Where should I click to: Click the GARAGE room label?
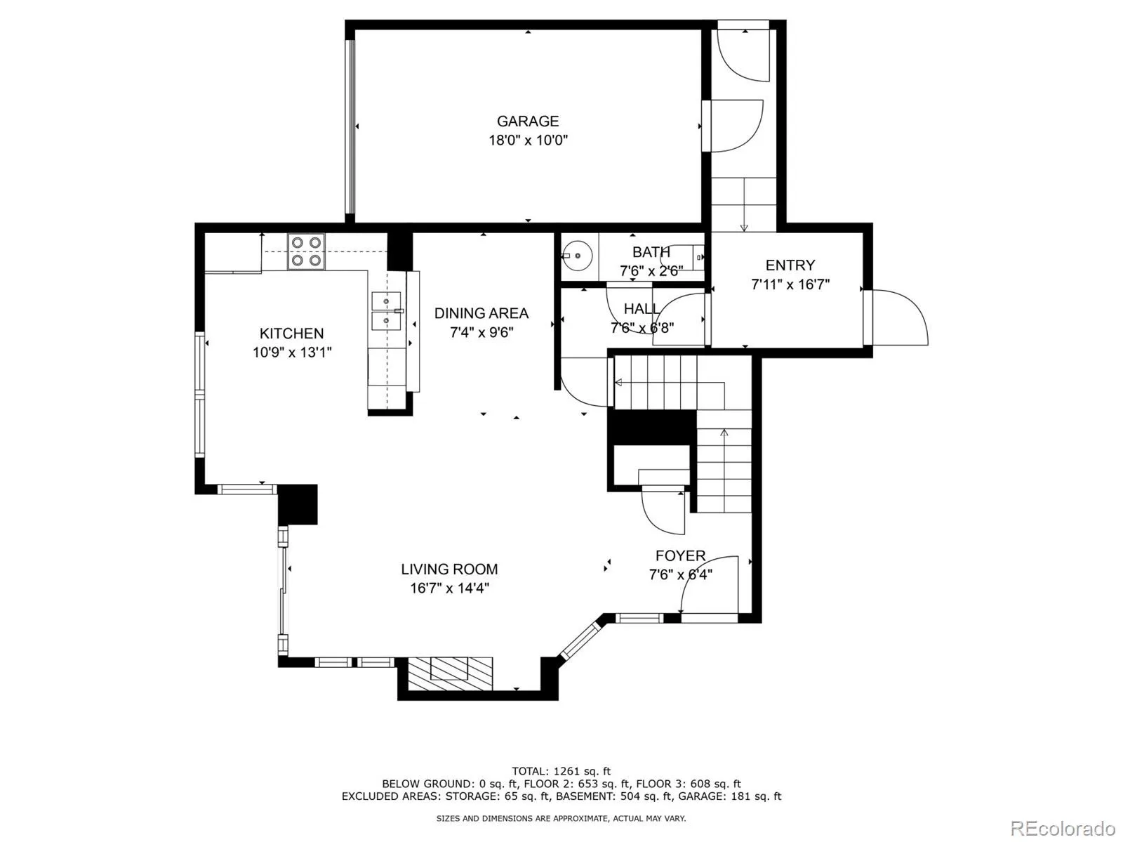[x=528, y=121]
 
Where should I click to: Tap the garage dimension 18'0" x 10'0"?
[x=528, y=140]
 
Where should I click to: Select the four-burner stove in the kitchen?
[x=306, y=251]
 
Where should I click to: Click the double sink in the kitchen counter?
[x=386, y=311]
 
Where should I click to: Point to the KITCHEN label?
[x=291, y=333]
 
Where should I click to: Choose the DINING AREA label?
[x=481, y=313]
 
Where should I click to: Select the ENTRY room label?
[x=790, y=265]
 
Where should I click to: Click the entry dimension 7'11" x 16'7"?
[x=790, y=284]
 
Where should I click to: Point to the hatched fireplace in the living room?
[x=450, y=673]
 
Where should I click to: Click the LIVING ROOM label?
[x=449, y=569]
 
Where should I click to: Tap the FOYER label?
[x=680, y=555]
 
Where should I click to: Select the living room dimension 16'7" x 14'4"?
[x=449, y=588]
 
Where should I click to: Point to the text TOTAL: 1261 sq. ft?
[x=561, y=771]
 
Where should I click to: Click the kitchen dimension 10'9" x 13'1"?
[x=291, y=352]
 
